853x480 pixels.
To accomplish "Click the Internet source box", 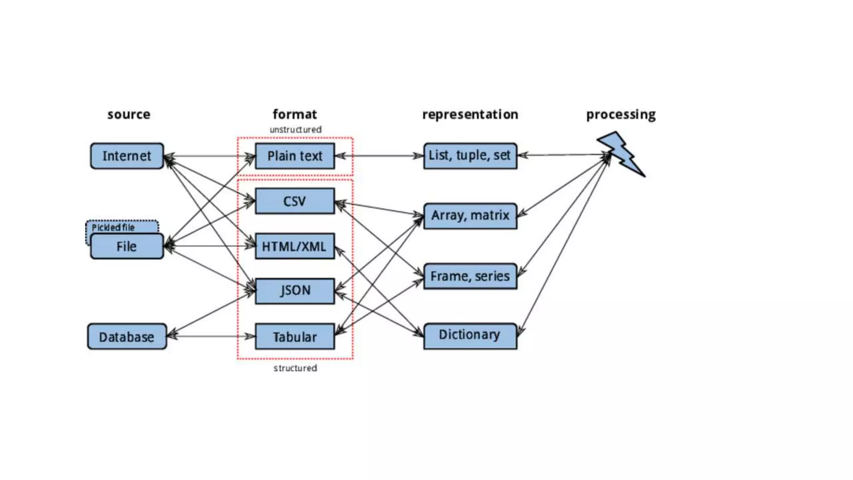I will click(x=127, y=156).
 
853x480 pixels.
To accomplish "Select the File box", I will click(x=127, y=246).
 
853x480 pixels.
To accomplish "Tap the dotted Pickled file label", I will click(x=113, y=227).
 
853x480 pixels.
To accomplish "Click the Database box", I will click(x=127, y=337).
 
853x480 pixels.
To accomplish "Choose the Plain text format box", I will click(x=294, y=156).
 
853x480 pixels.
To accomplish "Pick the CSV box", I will click(x=294, y=201).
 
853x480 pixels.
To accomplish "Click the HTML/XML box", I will click(x=294, y=246).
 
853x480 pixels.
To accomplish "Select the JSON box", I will click(x=294, y=290).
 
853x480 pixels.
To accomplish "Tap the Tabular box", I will click(x=294, y=337).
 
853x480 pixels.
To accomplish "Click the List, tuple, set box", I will click(x=470, y=156).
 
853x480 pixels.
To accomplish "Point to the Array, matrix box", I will click(x=470, y=216).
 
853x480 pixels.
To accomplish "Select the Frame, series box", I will click(x=470, y=276).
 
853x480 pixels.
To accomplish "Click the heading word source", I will click(x=129, y=114).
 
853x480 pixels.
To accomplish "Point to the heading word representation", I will click(x=470, y=114).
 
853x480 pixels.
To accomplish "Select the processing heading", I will click(x=621, y=115).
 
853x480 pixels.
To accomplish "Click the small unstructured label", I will click(x=295, y=130).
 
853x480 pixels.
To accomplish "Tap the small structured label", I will click(x=295, y=368).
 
